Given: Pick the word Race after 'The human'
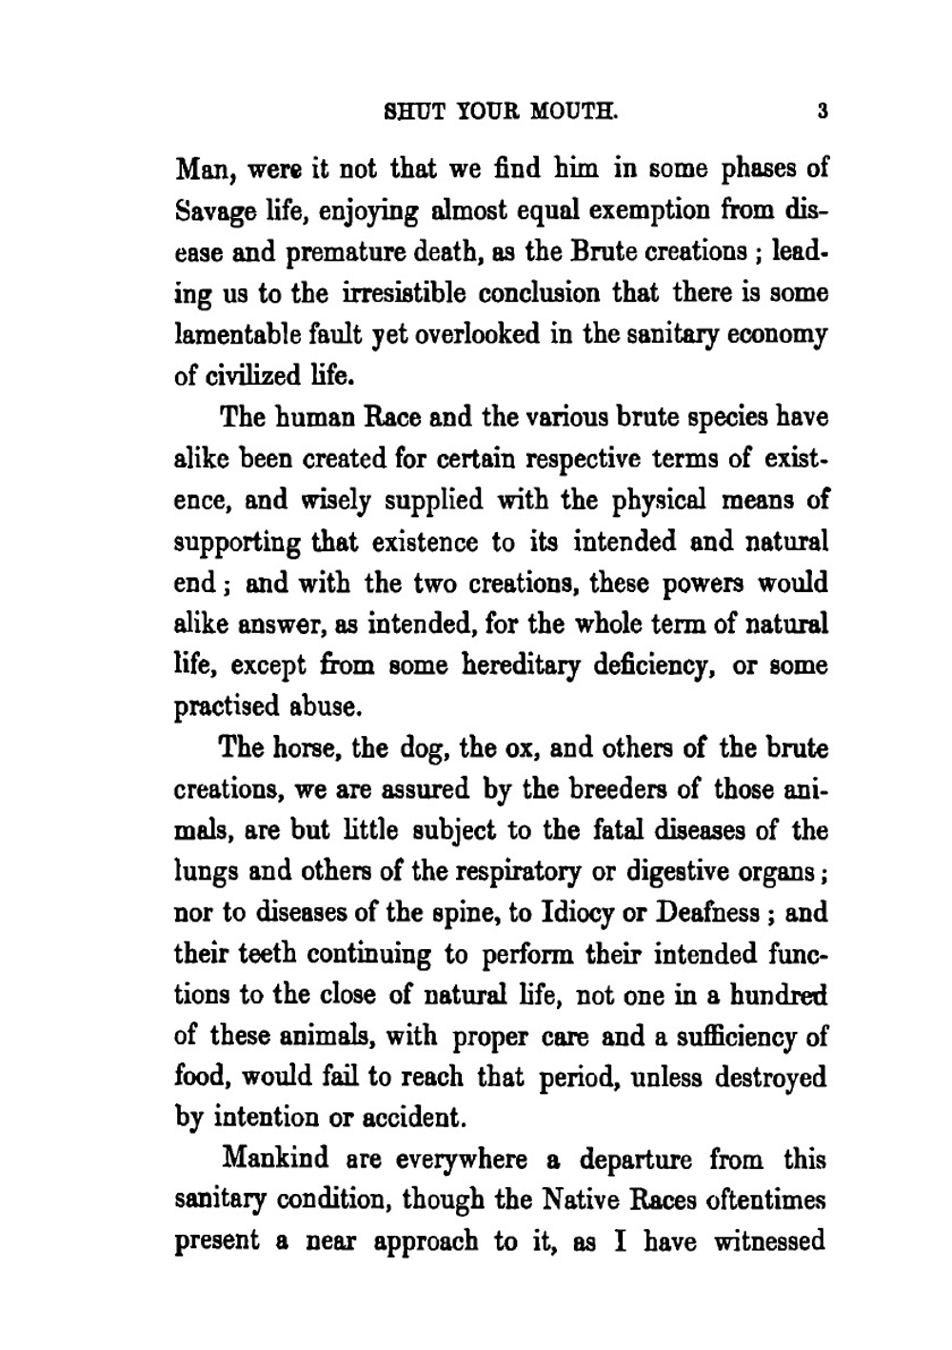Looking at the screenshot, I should tap(396, 417).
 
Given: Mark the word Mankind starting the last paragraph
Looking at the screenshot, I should tap(276, 1160).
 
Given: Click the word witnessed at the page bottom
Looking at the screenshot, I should tap(769, 1242).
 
